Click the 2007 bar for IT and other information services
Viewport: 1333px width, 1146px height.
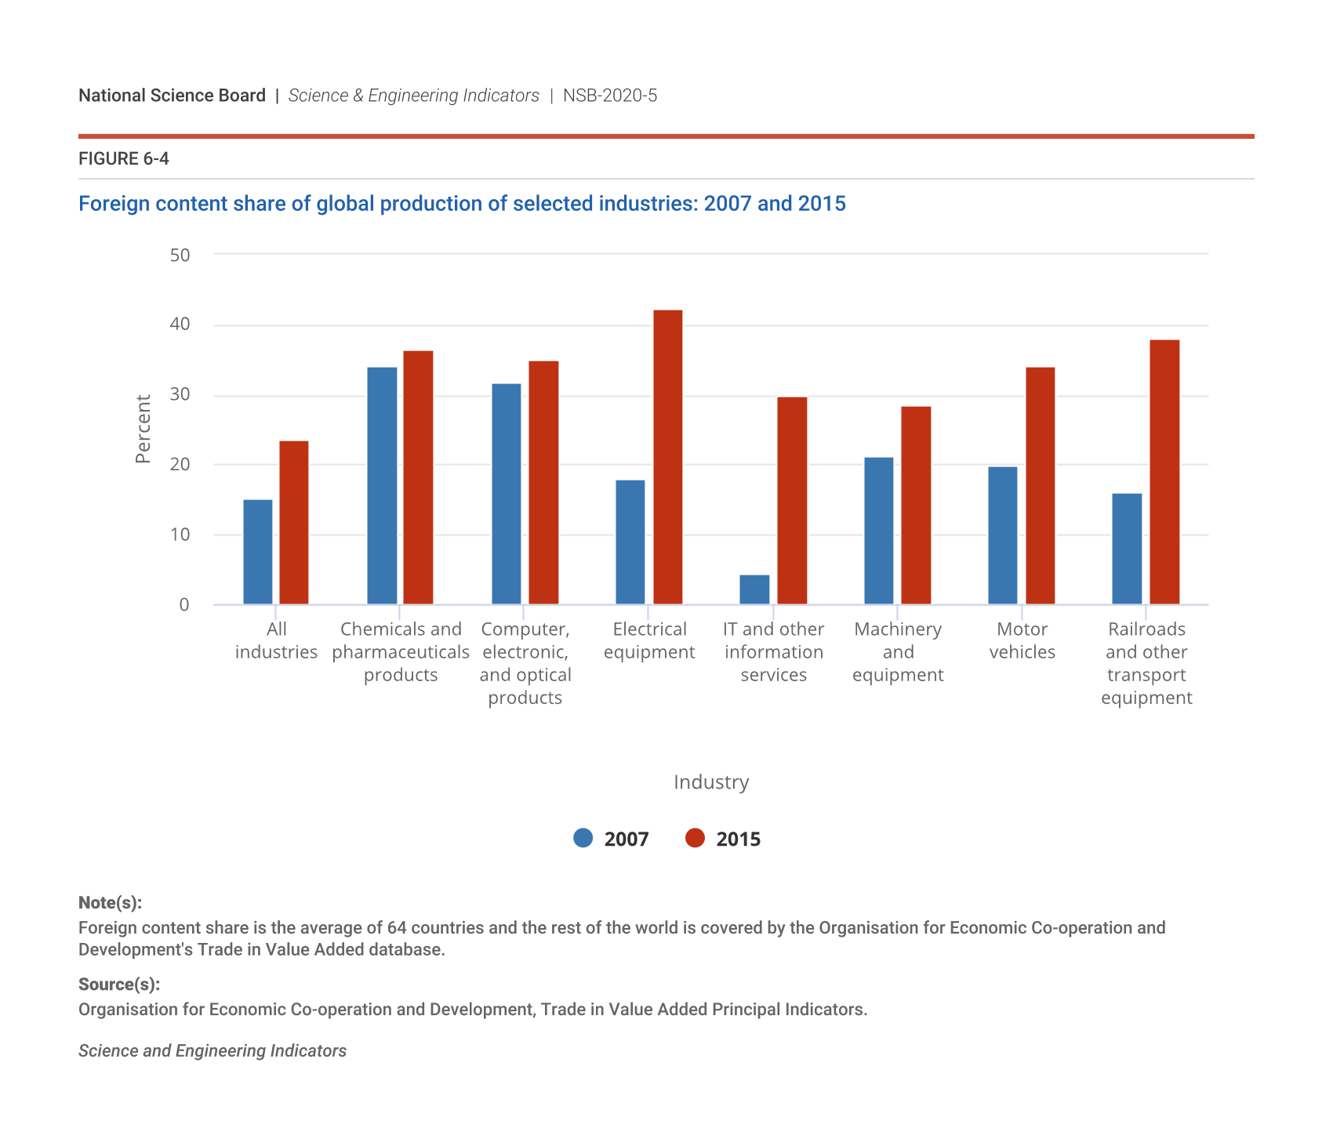754,589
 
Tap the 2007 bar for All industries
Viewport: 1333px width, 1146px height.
258,552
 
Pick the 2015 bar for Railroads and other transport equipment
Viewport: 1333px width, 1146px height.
1164,472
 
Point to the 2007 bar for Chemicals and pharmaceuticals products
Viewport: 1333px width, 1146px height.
382,486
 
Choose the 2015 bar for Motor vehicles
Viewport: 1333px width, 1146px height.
1040,486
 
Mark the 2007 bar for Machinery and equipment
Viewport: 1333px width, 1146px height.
878,531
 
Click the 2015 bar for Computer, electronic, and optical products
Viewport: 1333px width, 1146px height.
543,483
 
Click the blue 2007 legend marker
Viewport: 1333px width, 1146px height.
583,838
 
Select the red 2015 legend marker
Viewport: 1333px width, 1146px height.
695,838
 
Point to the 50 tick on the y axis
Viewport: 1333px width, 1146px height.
180,255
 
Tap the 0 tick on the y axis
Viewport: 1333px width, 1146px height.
184,604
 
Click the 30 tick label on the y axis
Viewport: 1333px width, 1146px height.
180,394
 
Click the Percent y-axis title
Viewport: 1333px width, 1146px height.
143,429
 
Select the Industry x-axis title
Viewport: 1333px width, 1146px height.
711,782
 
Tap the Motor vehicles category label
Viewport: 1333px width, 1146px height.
1022,640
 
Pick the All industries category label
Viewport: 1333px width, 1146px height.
276,640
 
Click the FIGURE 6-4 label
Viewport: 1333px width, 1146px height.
124,159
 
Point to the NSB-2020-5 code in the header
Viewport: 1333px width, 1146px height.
610,96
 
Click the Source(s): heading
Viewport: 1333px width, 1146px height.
119,984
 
